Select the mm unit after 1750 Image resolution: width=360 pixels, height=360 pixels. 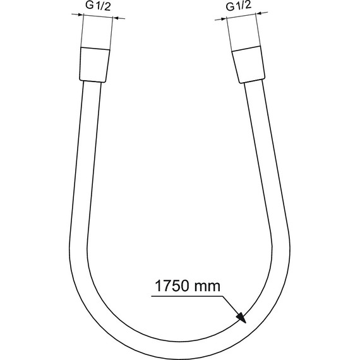(209, 286)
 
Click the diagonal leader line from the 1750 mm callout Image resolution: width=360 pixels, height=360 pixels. (229, 305)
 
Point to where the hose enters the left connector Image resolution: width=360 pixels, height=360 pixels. (92, 83)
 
